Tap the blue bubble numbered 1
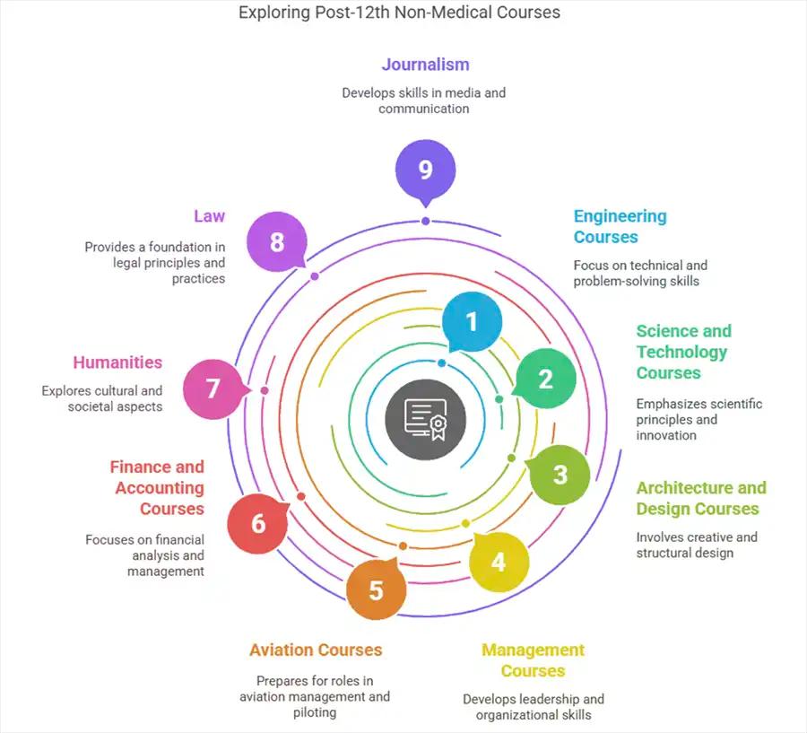[472, 321]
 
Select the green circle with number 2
[545, 379]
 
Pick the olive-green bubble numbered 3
[560, 474]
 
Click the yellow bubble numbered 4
[499, 562]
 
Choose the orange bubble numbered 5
[377, 589]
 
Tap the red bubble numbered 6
[258, 522]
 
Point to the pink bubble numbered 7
[213, 388]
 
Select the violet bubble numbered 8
[277, 242]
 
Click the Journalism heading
[425, 65]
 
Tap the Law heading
[209, 216]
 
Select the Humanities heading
[117, 363]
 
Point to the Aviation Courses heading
[316, 650]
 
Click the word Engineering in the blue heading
[620, 216]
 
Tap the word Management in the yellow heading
[533, 650]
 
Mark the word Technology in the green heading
[681, 352]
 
